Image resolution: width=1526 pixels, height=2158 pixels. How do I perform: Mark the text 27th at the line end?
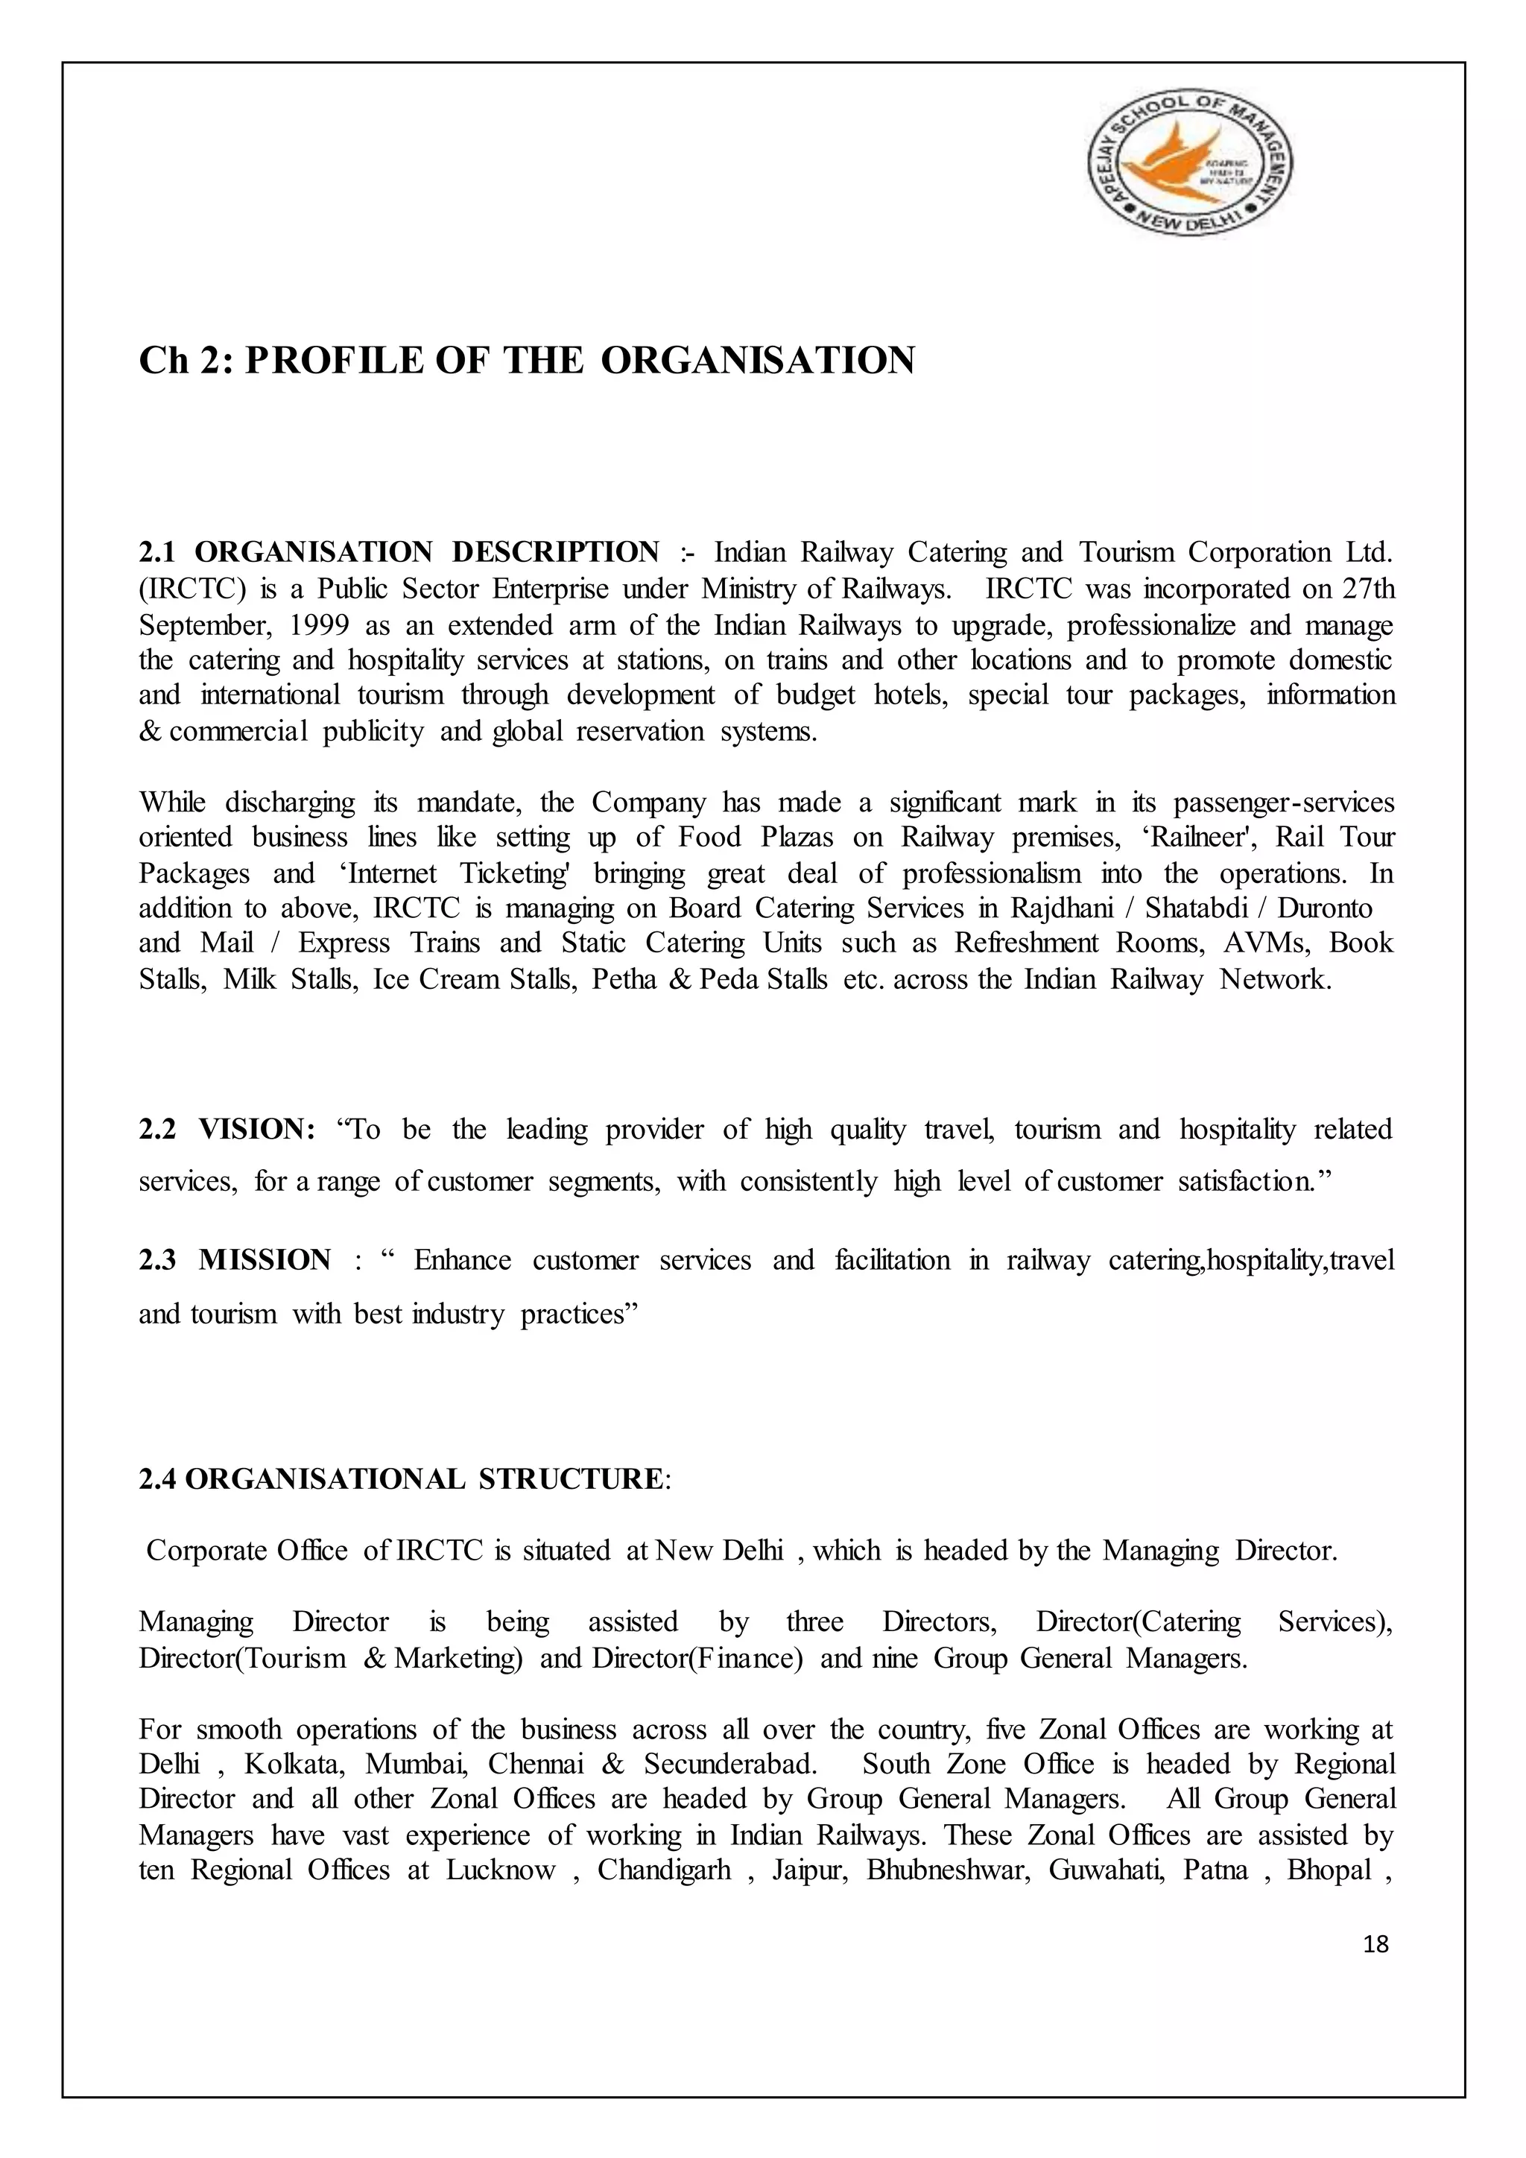tap(1368, 590)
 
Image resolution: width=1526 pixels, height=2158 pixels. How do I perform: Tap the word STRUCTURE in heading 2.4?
tap(570, 1478)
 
